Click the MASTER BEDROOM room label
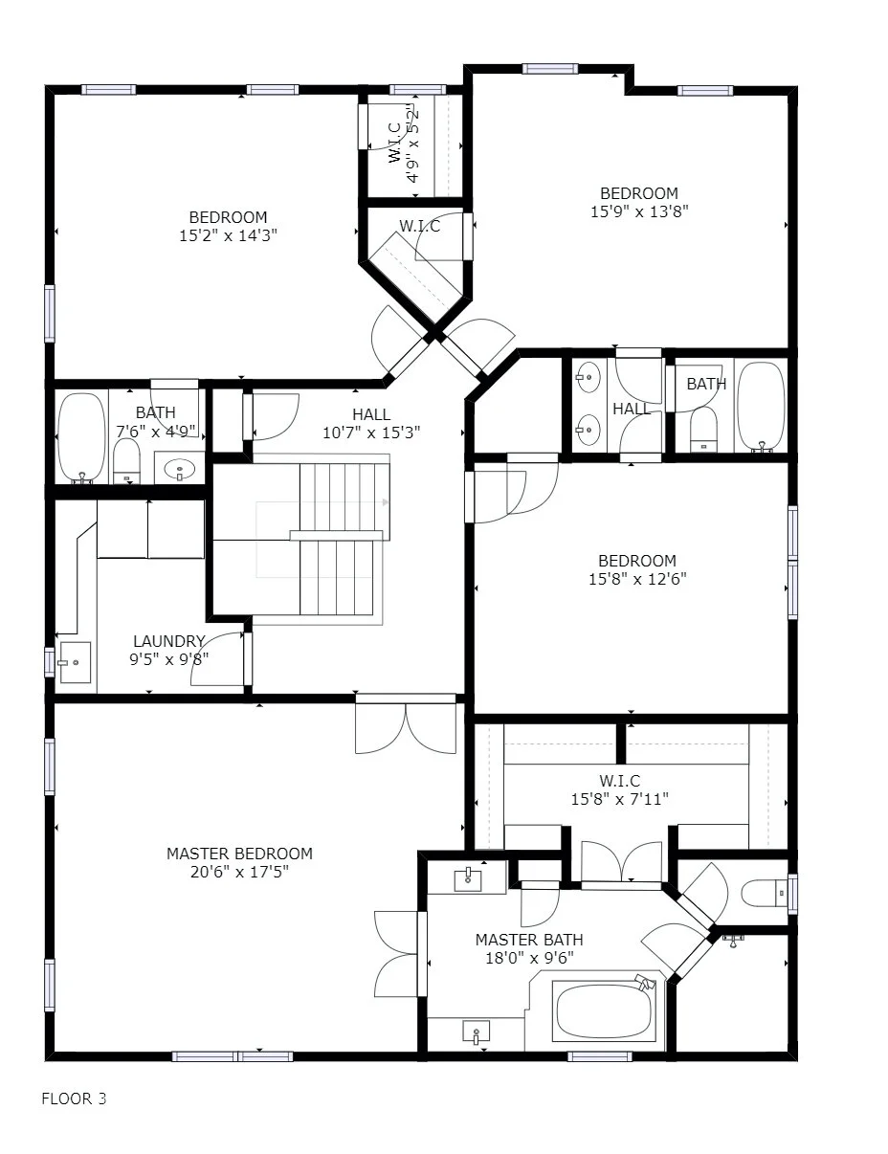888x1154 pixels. pos(239,854)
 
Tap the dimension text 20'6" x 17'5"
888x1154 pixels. pos(239,872)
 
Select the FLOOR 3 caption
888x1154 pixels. pos(74,1099)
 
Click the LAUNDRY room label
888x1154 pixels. pos(169,641)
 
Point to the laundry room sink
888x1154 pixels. pos(75,662)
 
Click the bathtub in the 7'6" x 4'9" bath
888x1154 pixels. pos(81,436)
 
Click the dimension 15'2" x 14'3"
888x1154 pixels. pos(228,235)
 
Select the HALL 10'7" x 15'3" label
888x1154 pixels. pos(371,423)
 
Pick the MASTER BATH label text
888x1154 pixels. pos(529,940)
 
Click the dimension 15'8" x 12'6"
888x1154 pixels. pos(636,579)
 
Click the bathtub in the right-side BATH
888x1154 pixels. pos(761,406)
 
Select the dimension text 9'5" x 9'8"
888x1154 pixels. pos(169,659)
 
